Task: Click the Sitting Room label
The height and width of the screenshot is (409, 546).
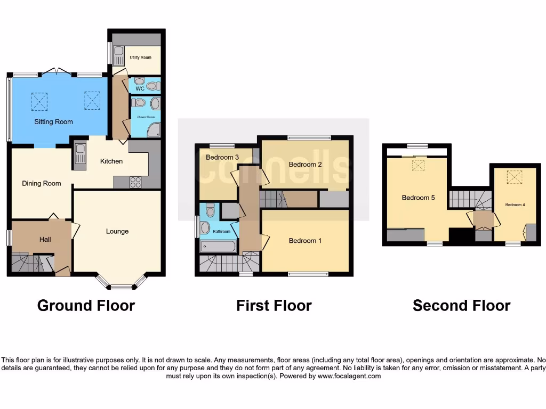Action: tap(53, 121)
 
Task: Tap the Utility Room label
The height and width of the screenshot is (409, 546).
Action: tap(141, 58)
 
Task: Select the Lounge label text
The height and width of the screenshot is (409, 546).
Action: tap(117, 231)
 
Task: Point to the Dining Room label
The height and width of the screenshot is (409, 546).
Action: tap(42, 183)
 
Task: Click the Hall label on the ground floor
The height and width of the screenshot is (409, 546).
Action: tap(45, 240)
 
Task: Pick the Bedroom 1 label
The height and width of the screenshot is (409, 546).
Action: tap(305, 241)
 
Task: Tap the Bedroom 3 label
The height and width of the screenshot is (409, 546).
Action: tap(222, 157)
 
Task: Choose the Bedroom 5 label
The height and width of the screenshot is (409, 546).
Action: tap(418, 198)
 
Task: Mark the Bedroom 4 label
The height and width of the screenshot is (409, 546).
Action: tap(515, 204)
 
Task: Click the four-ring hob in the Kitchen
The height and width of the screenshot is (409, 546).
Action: tap(135, 182)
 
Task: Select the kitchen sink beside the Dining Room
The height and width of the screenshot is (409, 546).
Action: tap(80, 154)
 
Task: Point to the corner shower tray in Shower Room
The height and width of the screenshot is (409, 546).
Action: tap(154, 129)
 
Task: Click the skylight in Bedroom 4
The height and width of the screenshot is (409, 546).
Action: tap(515, 176)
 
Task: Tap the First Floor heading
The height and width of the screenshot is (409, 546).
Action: tap(274, 305)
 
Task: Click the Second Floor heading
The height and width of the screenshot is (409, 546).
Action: tap(461, 305)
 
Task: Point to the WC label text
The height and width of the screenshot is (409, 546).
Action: tap(140, 88)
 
